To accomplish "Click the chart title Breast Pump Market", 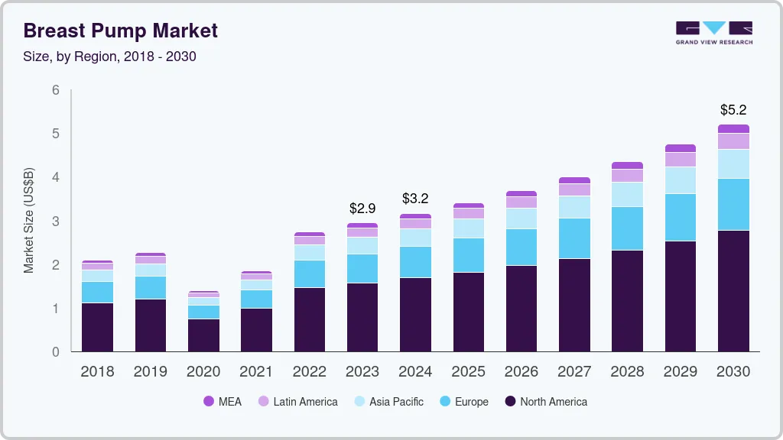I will [x=121, y=31].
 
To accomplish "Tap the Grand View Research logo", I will [x=713, y=32].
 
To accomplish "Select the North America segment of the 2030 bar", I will [x=733, y=290].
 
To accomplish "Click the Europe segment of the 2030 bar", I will [x=733, y=204].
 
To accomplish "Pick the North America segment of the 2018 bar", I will [x=97, y=327].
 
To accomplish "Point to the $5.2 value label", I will [x=733, y=110].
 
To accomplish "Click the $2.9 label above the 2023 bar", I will [x=362, y=208].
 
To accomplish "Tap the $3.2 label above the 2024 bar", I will [x=416, y=199].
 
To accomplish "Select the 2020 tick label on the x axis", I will [x=203, y=372].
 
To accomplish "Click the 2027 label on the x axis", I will [x=574, y=372].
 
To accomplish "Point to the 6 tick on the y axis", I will [x=56, y=90].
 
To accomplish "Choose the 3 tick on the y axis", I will [x=56, y=222].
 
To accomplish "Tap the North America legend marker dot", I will [x=508, y=402].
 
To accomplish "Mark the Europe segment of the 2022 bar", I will [x=310, y=273].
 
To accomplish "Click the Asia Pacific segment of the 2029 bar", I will [x=681, y=180].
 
